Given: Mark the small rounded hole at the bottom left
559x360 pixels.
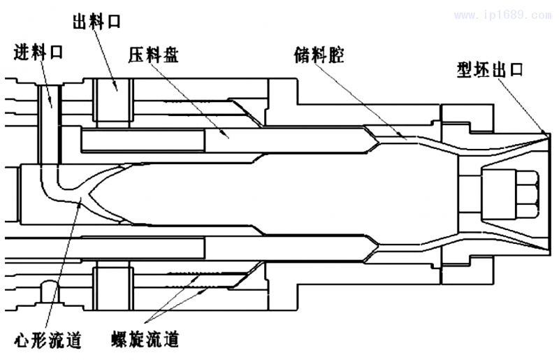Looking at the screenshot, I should click(49, 290).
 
